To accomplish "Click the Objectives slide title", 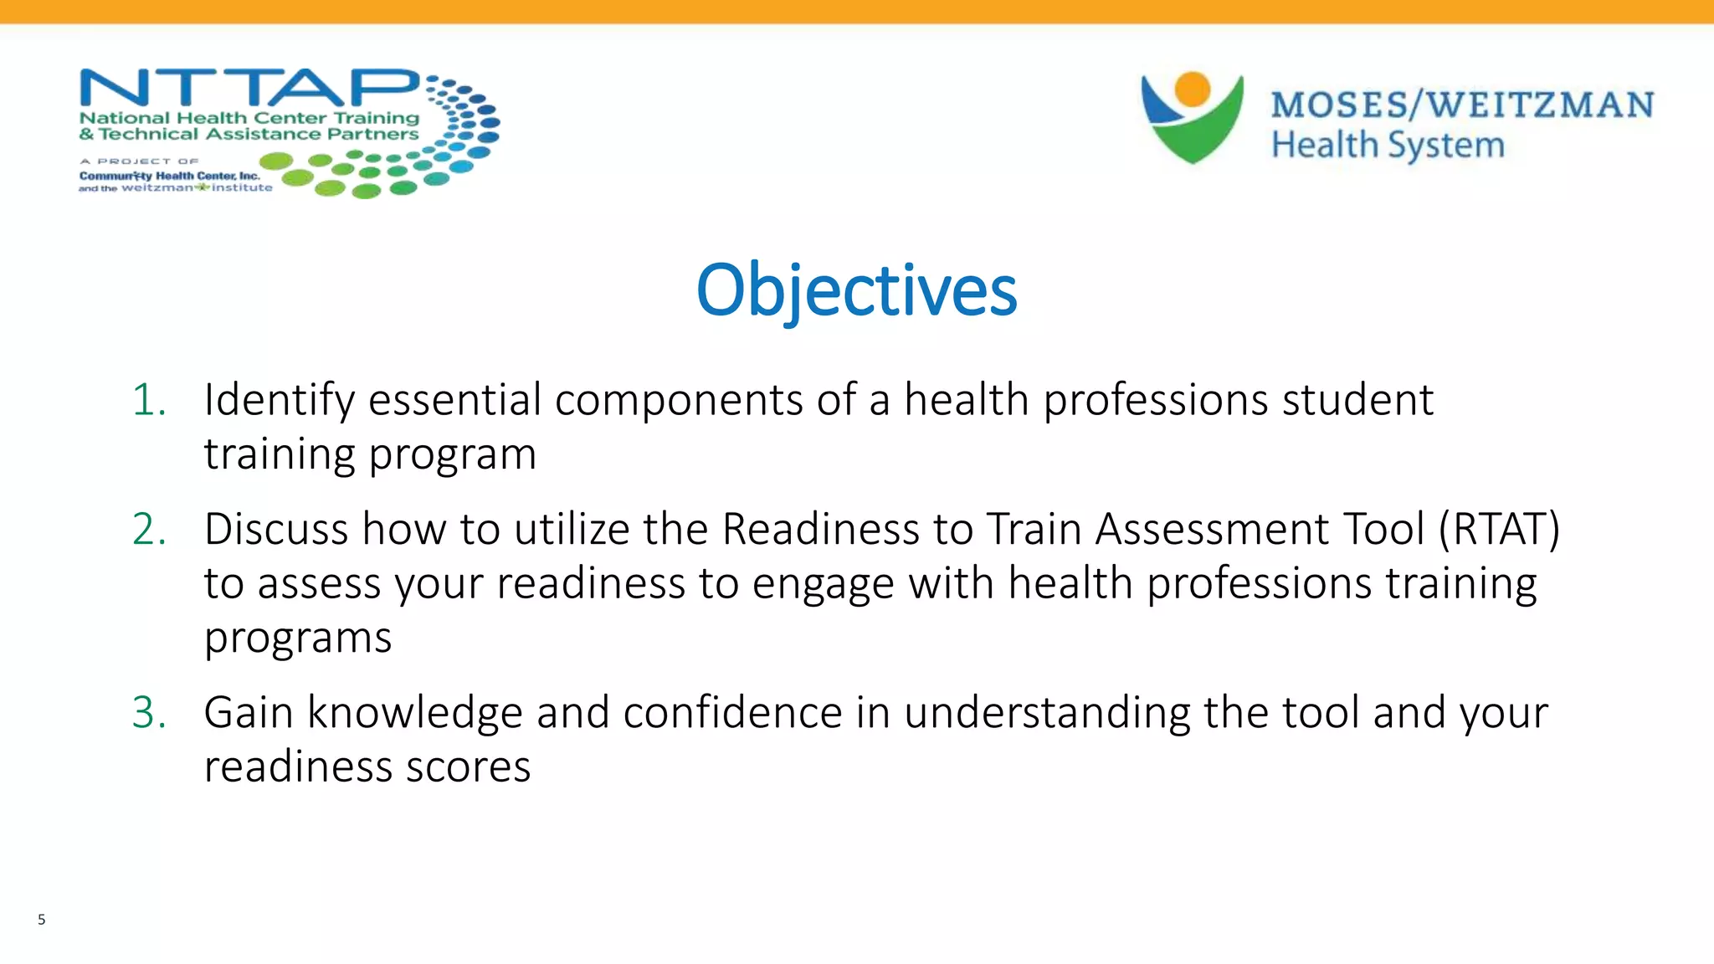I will pos(856,290).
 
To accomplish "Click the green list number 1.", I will pos(149,400).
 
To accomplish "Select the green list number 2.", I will pos(149,530).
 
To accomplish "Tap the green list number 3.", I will pos(149,713).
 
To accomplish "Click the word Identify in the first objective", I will pos(280,400).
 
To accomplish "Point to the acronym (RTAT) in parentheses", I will pos(1499,530).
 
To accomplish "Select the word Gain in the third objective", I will pos(249,713).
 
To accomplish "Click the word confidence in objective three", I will pos(732,713).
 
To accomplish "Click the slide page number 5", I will pos(41,920).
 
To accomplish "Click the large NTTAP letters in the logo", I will pos(249,89).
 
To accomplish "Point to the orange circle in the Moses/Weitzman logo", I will pos(1192,90).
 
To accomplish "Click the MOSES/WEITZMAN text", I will pos(1461,105).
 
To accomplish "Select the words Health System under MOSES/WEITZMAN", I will pos(1388,146).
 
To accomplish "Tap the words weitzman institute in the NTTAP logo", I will pos(198,188).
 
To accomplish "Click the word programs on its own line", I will pos(298,638).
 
